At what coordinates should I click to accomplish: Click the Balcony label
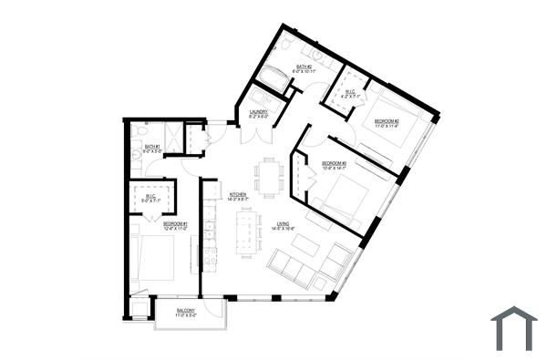pos(186,312)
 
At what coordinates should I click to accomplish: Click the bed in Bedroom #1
pos(156,258)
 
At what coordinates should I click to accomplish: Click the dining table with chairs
pos(268,175)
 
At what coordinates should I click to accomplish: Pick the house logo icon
pos(513,328)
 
